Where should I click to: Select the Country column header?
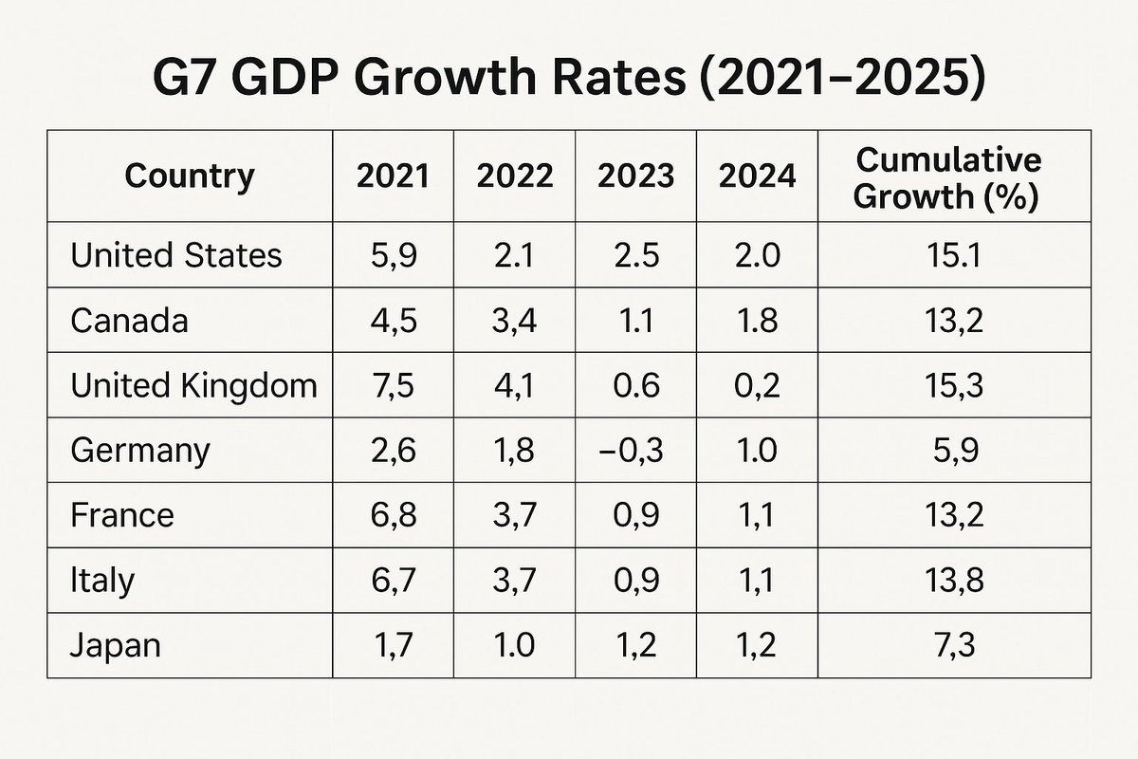[x=190, y=176]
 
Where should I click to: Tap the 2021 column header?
[x=393, y=176]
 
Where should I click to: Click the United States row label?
[x=176, y=255]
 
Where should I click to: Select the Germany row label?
[x=140, y=450]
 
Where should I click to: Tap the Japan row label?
[x=116, y=645]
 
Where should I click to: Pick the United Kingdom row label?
[x=194, y=385]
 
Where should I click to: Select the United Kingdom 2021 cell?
[x=393, y=385]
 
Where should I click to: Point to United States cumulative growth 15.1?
[x=954, y=255]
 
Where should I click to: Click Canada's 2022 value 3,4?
[x=514, y=321]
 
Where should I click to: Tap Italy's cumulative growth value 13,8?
[x=954, y=581]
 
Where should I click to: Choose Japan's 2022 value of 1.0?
[x=514, y=645]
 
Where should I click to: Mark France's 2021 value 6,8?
[x=393, y=515]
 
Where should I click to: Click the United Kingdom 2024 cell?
[x=757, y=385]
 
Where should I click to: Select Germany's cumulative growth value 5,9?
[x=954, y=450]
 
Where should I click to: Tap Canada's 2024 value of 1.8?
[x=757, y=321]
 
